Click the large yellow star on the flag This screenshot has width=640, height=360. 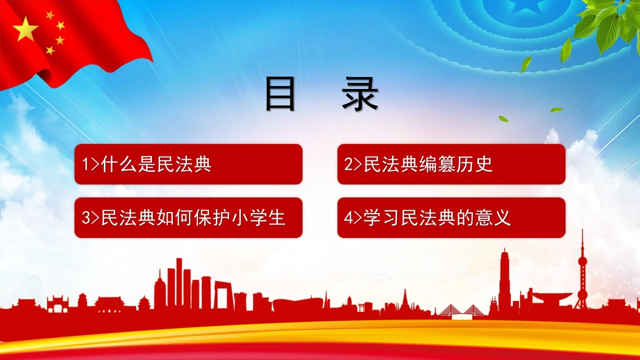pos(25,29)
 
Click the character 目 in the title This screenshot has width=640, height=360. pos(280,94)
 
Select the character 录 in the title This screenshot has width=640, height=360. pos(360,94)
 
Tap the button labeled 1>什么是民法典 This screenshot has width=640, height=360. pos(188,164)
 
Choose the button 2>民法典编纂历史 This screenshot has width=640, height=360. pos(451,164)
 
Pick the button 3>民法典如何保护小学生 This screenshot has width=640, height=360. pos(188,217)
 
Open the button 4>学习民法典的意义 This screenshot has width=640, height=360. pos(451,217)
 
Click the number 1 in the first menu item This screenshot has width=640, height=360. pos(85,164)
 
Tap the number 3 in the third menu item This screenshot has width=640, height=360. pos(86,218)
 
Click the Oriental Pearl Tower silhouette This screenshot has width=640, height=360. pos(582,271)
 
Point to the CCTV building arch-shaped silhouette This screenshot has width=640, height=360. pos(223,296)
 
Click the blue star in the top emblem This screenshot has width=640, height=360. pos(525,7)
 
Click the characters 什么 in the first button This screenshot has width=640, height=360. pos(119,164)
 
